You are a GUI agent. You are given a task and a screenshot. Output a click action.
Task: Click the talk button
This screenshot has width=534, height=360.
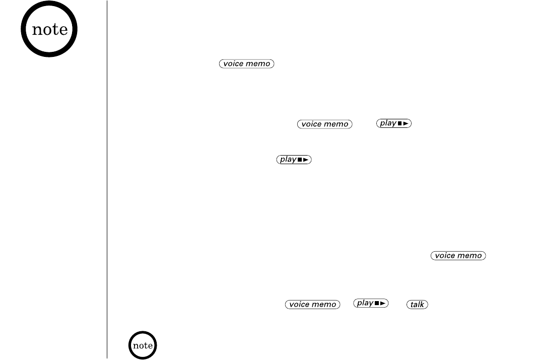point(418,305)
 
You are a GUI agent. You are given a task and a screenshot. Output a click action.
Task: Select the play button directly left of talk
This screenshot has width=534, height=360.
point(372,303)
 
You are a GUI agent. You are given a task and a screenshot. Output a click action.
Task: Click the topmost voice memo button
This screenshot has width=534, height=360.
point(247,64)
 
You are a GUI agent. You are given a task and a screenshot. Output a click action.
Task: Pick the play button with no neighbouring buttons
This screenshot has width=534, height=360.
point(295,160)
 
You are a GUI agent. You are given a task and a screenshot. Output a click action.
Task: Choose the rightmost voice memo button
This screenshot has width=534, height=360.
point(458,256)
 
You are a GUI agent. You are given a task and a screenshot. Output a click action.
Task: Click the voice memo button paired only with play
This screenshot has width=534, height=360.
point(325,124)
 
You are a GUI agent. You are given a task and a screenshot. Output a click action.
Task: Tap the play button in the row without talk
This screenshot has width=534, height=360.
point(394,123)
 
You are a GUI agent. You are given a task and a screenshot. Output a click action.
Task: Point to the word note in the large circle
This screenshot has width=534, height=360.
point(49,29)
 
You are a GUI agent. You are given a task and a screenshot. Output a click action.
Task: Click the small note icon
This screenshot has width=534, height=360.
point(143,345)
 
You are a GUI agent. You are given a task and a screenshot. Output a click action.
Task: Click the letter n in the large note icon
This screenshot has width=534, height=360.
point(36,30)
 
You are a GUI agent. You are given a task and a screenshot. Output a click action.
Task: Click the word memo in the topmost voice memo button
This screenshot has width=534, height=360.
point(258,64)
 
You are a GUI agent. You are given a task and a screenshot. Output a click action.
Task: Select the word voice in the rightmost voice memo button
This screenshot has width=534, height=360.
point(444,256)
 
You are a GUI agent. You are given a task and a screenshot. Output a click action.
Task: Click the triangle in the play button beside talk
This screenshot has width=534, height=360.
point(383,303)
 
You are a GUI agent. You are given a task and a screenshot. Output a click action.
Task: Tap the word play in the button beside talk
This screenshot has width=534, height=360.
point(365,303)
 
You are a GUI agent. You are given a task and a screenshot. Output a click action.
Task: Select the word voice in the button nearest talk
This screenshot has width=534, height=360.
point(299,305)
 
